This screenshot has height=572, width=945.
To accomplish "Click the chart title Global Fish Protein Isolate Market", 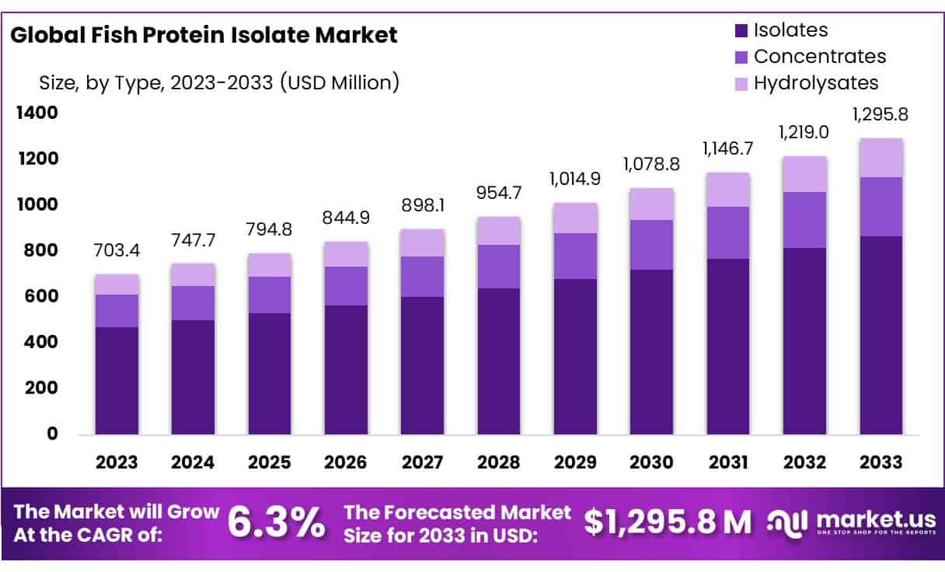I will pyautogui.click(x=204, y=35).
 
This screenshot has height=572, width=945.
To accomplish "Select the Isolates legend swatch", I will pyautogui.click(x=741, y=31).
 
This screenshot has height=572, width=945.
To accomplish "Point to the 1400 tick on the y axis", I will pyautogui.click(x=37, y=113).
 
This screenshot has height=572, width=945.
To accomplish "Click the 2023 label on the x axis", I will pyautogui.click(x=117, y=462).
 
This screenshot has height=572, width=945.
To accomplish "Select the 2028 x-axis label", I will pyautogui.click(x=498, y=462).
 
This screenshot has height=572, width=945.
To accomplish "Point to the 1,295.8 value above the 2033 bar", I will pyautogui.click(x=880, y=115).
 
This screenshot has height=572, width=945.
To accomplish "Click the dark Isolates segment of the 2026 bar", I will pyautogui.click(x=346, y=369).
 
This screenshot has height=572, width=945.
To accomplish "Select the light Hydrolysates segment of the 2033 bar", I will pyautogui.click(x=880, y=158).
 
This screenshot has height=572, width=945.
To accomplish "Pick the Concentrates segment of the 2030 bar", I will pyautogui.click(x=651, y=245).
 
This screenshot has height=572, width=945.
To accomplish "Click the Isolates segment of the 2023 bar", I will pyautogui.click(x=117, y=381).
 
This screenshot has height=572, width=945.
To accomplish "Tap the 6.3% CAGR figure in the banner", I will pyautogui.click(x=276, y=524).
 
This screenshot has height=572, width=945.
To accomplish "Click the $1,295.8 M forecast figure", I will pyautogui.click(x=668, y=524).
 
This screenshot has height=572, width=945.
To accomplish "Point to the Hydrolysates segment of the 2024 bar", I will pyautogui.click(x=193, y=274).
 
